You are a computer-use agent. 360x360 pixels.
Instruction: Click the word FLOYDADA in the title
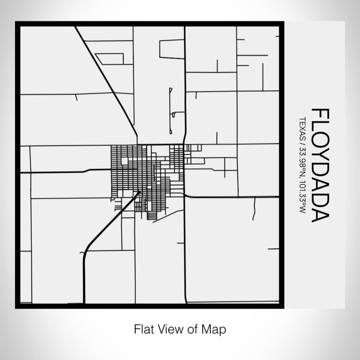point(319,165)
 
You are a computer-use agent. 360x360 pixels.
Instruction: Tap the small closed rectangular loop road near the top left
point(110,59)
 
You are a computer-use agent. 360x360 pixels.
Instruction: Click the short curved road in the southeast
point(254,210)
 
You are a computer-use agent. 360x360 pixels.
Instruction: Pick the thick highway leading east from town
point(231,196)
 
